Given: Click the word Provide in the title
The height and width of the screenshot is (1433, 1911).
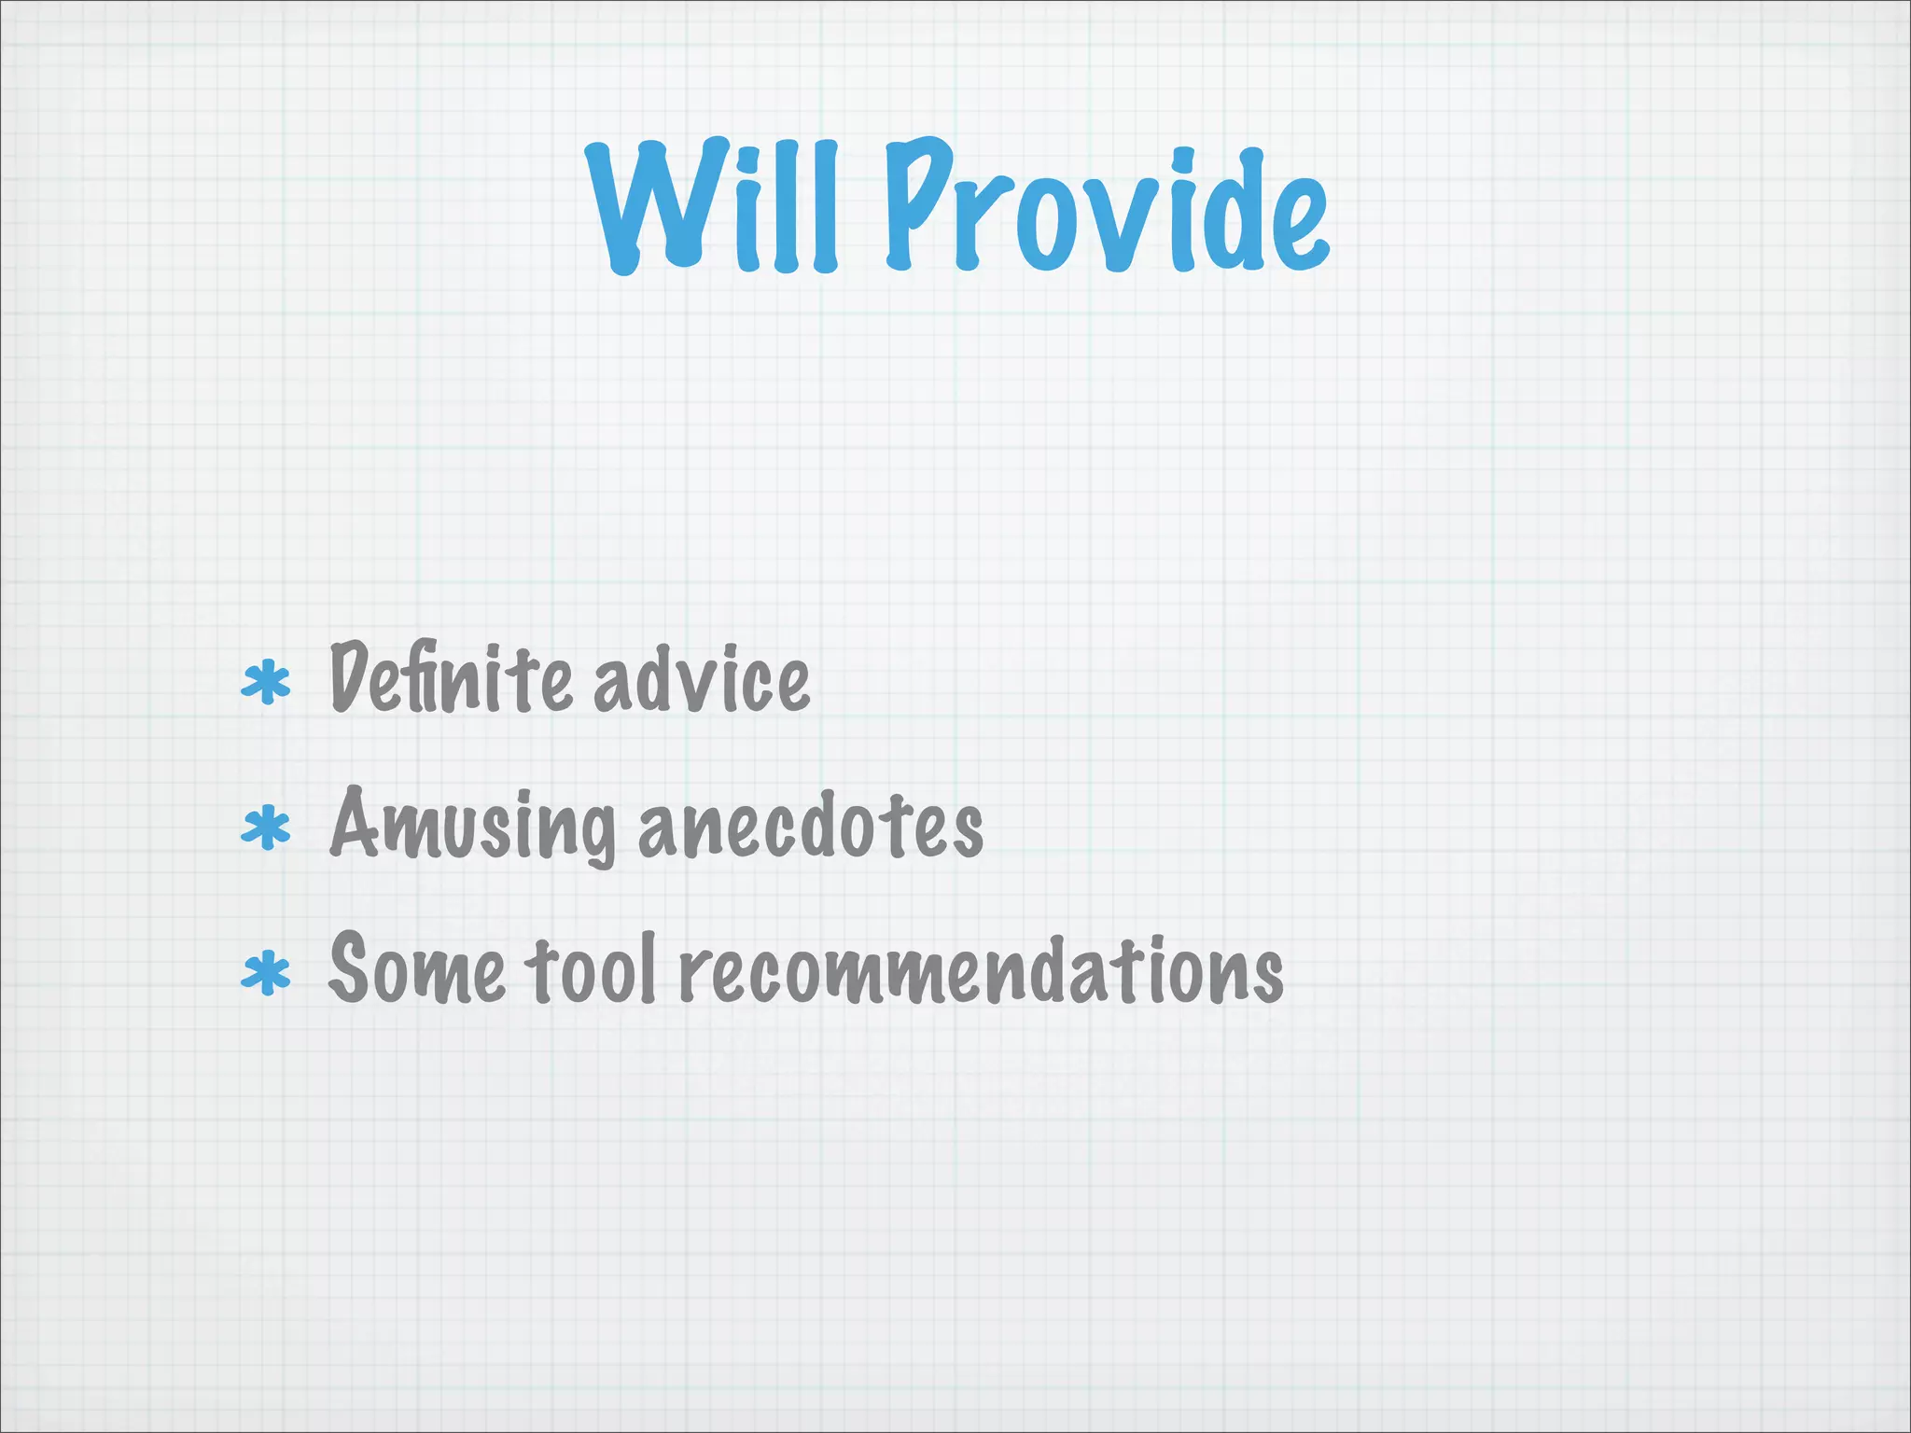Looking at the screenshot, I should pos(1106,207).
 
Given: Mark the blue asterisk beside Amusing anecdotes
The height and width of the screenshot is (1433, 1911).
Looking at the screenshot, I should pos(266,828).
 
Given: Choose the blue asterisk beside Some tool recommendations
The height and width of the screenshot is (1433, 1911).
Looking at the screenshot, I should pos(266,974).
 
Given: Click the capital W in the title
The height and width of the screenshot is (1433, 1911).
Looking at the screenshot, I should pos(653,207).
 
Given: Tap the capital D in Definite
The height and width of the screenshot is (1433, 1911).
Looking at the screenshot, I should pos(352,676).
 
